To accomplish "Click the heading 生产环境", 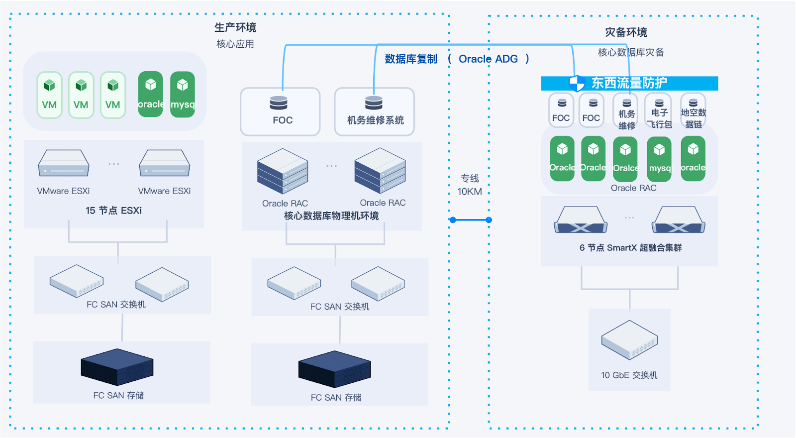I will coord(235,27).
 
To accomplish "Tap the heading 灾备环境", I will coord(626,32).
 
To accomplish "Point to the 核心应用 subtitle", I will coord(235,44).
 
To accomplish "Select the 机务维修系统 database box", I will coord(374,111).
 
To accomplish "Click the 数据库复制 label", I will coord(411,59).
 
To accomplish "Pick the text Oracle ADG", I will coord(488,59).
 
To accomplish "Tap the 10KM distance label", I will coord(470,192).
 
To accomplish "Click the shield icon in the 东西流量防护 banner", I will coord(577,83).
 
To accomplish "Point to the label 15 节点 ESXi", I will coord(113,211).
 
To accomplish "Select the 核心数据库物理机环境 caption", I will coord(331,216).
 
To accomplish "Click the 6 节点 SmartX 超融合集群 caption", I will coord(630,247).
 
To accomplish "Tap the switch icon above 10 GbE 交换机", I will coord(629,340).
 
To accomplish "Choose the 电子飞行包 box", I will coord(659,111).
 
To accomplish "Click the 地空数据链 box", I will coord(693,111).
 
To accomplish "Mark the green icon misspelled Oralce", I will coord(625,159).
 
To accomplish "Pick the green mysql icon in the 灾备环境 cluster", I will coord(659,159).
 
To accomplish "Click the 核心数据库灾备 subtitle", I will coord(631,52).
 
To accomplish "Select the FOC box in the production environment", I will coord(280,111).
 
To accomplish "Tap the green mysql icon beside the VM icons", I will coord(183,95).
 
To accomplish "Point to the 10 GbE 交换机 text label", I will coord(629,375).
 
